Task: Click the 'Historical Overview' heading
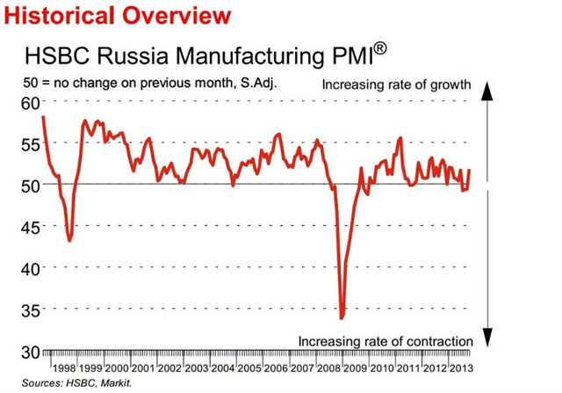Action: click(x=118, y=15)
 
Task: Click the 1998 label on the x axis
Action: click(x=64, y=368)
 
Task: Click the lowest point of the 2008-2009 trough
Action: click(x=342, y=317)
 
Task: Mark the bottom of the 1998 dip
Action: click(x=69, y=241)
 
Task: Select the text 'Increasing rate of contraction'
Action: click(x=386, y=340)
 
